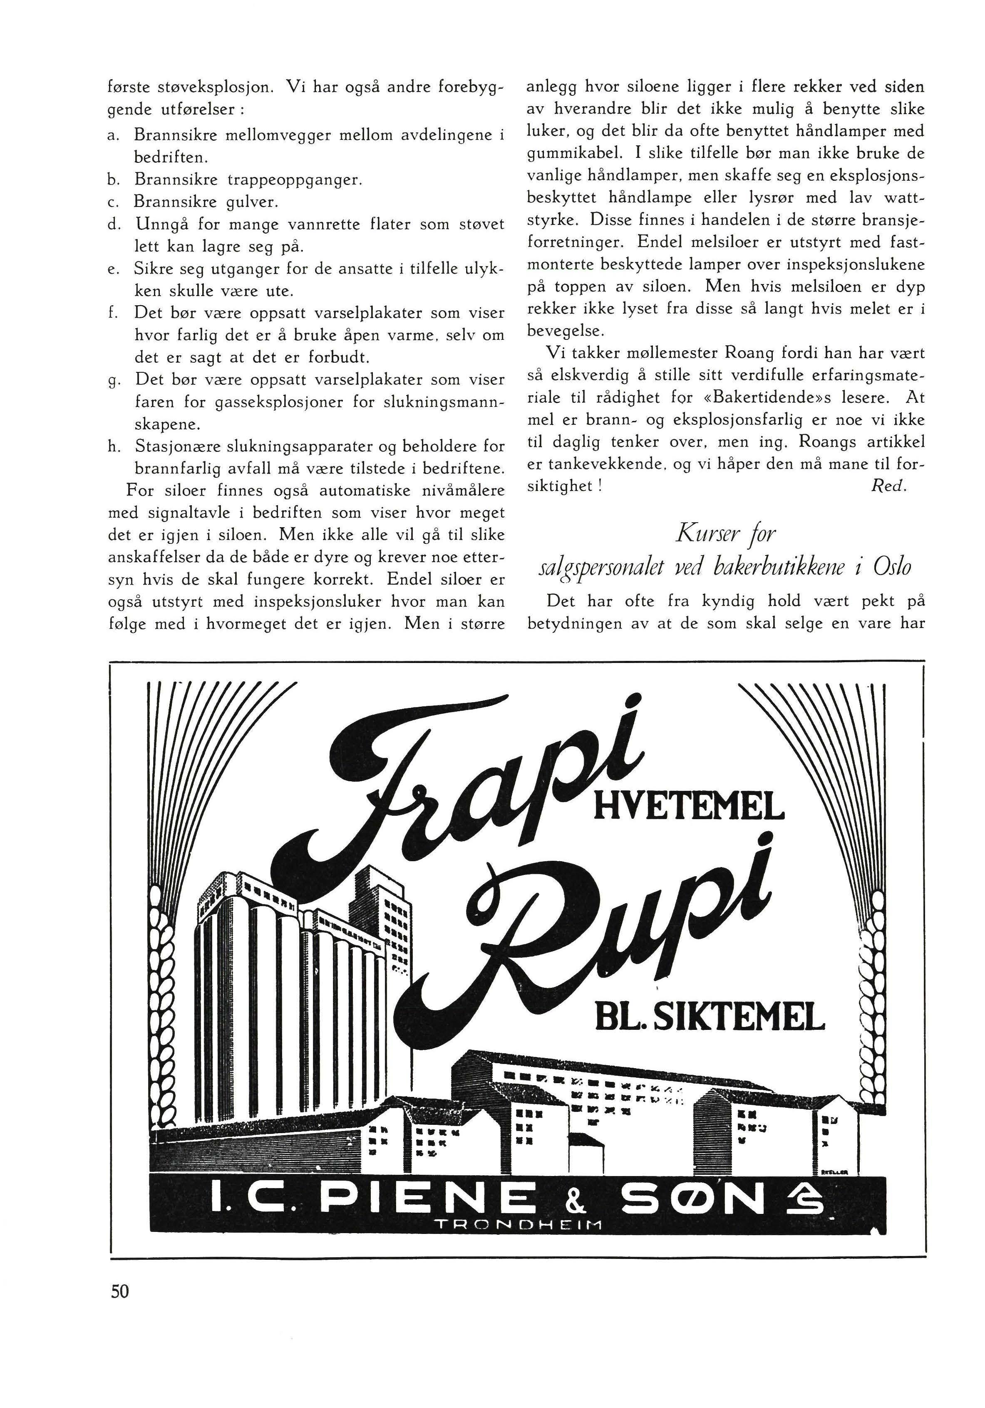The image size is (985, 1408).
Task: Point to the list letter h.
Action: [x=112, y=446]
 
